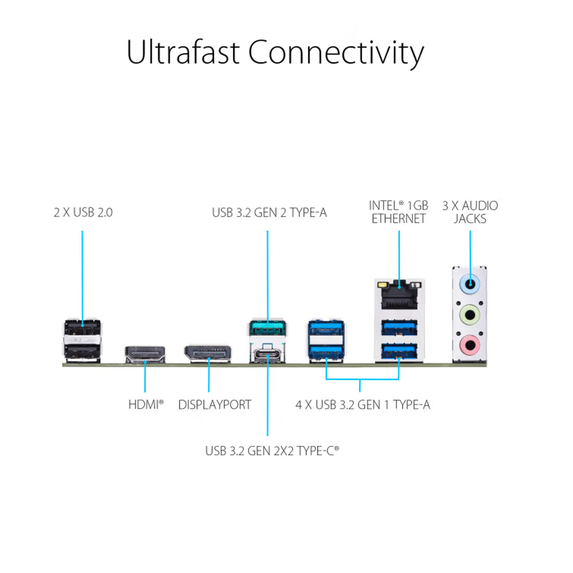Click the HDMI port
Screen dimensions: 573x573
pos(145,354)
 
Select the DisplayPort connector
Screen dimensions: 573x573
pos(207,353)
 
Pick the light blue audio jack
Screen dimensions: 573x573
pos(470,282)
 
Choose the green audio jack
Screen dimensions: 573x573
pos(470,313)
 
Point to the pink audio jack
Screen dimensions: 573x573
pos(470,345)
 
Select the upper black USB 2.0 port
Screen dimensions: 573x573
pos(82,328)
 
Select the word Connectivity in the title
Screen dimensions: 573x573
pos(336,53)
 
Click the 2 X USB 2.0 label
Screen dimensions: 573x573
pos(83,212)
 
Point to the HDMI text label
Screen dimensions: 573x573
pos(146,405)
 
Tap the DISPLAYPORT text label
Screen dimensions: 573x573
pos(214,405)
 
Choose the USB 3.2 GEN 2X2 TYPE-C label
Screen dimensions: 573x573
pos(272,451)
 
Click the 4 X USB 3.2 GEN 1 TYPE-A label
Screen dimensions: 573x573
pos(363,405)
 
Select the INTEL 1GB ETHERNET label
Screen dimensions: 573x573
pos(398,211)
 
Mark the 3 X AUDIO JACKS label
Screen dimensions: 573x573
pos(470,211)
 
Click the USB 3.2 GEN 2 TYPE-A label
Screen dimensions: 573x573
pos(269,213)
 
